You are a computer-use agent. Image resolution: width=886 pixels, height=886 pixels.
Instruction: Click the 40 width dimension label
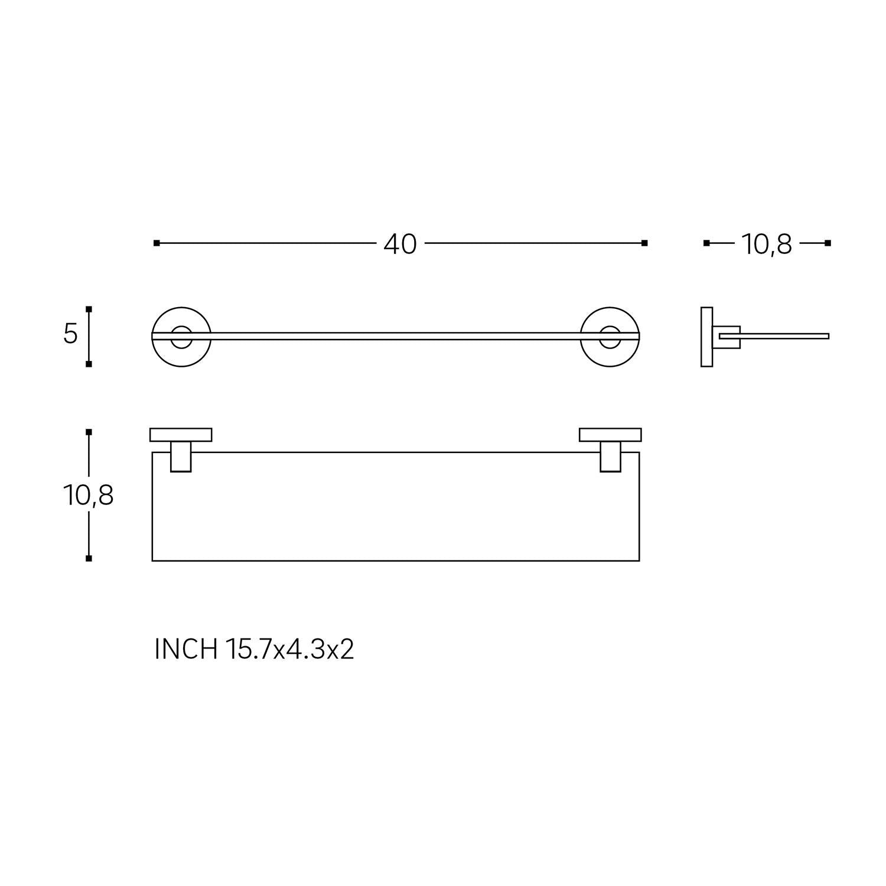[400, 244]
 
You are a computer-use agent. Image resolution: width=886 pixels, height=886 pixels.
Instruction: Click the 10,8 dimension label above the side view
[766, 244]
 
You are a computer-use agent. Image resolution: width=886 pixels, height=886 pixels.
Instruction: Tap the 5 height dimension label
[70, 334]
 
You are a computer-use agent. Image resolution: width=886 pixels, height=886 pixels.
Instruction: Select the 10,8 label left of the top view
[88, 496]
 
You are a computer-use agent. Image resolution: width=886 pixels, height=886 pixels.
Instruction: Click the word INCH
[186, 649]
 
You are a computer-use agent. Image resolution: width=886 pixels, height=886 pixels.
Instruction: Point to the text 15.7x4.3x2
[289, 649]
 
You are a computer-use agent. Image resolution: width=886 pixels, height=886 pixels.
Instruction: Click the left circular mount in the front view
[181, 337]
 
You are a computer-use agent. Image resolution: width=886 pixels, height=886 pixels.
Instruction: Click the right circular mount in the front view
[610, 337]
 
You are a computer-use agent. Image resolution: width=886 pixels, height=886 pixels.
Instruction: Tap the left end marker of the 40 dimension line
[157, 243]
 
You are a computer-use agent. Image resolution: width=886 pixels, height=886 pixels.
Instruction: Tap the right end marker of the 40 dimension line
[644, 243]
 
